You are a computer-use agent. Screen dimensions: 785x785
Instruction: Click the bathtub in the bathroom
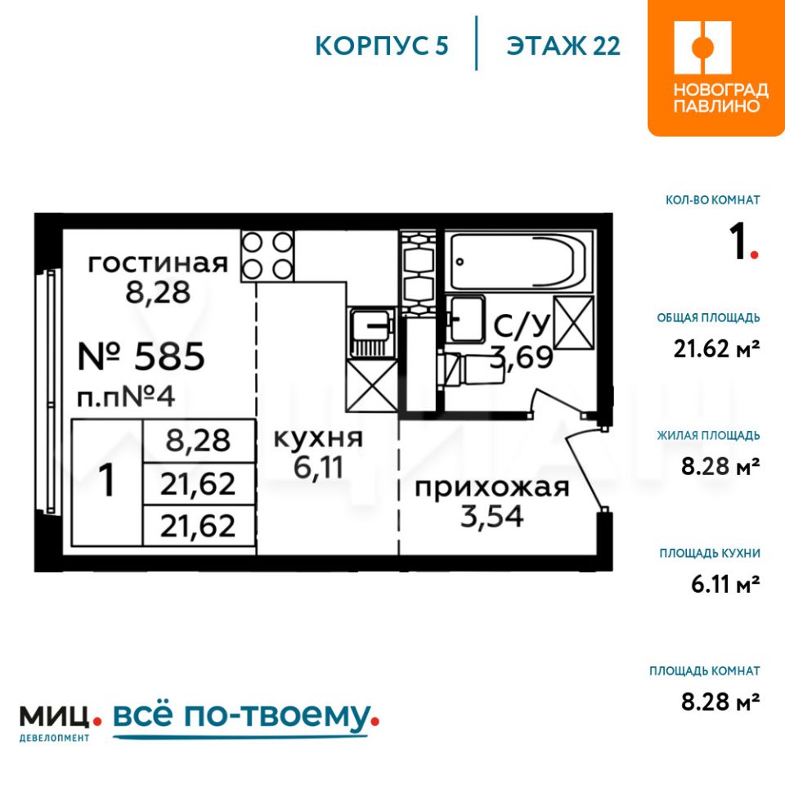tap(518, 262)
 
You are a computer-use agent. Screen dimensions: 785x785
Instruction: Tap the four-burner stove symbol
tap(267, 256)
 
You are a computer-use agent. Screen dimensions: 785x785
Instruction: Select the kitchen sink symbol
tap(371, 333)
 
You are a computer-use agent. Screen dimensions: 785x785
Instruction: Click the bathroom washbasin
tap(465, 319)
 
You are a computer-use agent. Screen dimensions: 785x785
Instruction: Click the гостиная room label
tap(158, 263)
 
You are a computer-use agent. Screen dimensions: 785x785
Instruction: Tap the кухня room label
tap(318, 438)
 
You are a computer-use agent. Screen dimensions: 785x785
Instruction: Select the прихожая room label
tap(492, 487)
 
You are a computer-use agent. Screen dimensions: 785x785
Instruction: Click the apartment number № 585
tap(141, 357)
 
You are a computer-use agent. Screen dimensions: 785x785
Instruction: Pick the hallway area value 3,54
tap(492, 516)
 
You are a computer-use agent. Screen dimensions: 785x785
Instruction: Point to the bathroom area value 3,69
tap(522, 357)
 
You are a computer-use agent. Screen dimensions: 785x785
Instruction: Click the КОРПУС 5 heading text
tap(382, 46)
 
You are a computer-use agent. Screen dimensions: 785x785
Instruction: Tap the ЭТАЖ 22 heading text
tap(563, 46)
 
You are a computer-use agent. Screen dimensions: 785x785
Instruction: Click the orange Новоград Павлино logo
tap(716, 68)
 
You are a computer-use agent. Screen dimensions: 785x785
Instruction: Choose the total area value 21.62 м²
tap(716, 348)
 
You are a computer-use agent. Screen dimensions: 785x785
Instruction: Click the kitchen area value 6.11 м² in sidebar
tap(725, 584)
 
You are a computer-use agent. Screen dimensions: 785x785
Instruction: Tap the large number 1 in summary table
tap(107, 481)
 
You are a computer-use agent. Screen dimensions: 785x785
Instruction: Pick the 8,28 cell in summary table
tap(198, 441)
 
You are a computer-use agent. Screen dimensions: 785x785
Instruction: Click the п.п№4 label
tap(126, 397)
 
